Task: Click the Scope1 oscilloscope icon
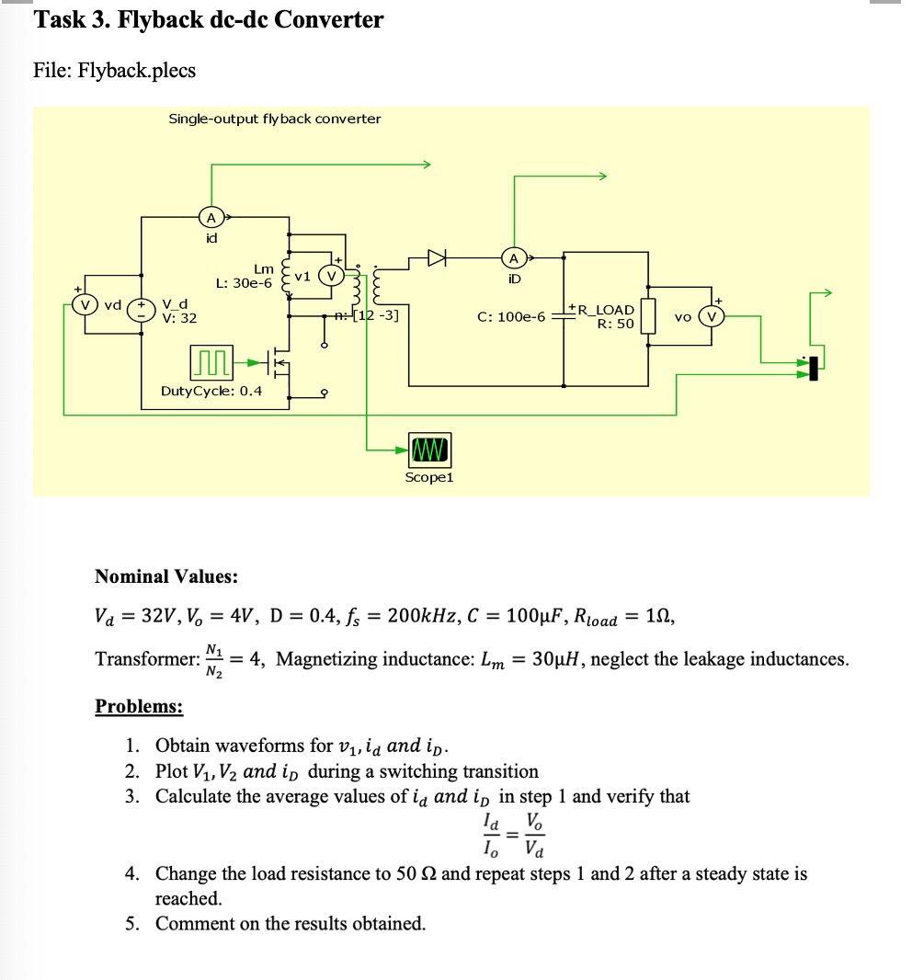pyautogui.click(x=428, y=450)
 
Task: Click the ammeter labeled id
pyautogui.click(x=211, y=218)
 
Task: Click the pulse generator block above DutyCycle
pyautogui.click(x=211, y=363)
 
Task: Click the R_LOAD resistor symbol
pyautogui.click(x=648, y=315)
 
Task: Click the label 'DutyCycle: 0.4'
pyautogui.click(x=211, y=391)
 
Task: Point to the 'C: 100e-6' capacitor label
pyautogui.click(x=510, y=317)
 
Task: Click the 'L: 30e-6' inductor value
pyautogui.click(x=244, y=283)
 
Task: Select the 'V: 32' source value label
pyautogui.click(x=179, y=318)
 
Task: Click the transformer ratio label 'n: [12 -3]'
pyautogui.click(x=366, y=315)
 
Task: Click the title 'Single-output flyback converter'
pyautogui.click(x=274, y=119)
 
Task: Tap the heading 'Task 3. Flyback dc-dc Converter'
pyautogui.click(x=209, y=19)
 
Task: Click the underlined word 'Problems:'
pyautogui.click(x=139, y=706)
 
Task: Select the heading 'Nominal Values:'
pyautogui.click(x=166, y=576)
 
